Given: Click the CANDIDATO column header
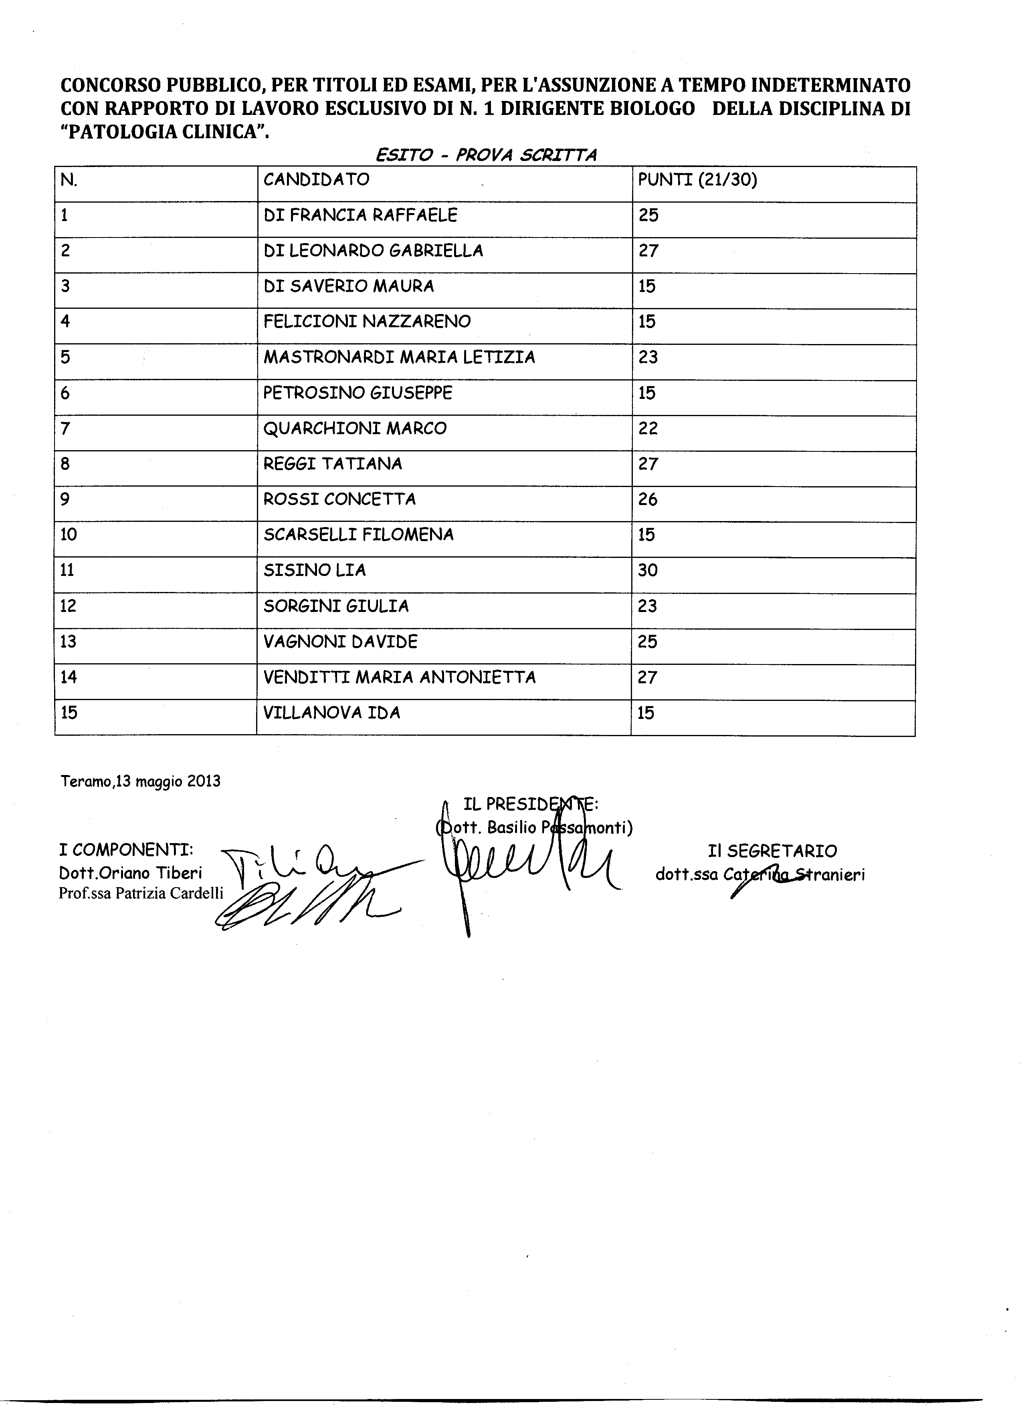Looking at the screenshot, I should click(x=316, y=180).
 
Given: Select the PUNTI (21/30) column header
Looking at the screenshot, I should click(x=697, y=180).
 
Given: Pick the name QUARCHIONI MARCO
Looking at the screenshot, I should click(x=355, y=428).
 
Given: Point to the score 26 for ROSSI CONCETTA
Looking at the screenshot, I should click(x=648, y=499).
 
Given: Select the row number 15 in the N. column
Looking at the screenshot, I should click(x=69, y=713).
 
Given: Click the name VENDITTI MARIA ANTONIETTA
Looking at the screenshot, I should click(x=400, y=677).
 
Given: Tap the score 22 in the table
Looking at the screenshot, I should click(x=648, y=428).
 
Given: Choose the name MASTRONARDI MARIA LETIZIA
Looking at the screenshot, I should click(x=399, y=357).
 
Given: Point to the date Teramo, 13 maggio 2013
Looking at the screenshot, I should click(x=141, y=781).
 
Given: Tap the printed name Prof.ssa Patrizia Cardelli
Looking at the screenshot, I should click(x=141, y=893).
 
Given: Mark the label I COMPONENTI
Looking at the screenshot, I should click(x=126, y=851).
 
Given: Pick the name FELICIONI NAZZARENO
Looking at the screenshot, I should click(x=367, y=322).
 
